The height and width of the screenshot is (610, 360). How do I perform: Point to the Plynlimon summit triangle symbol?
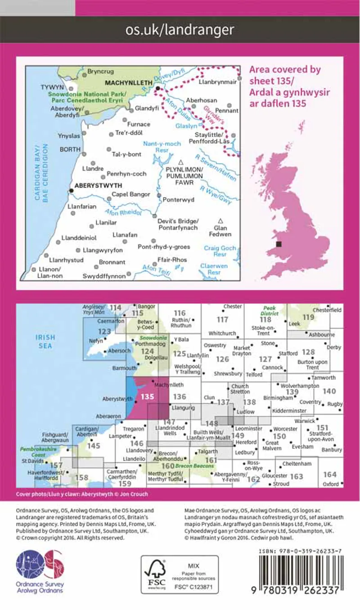pos(181,162)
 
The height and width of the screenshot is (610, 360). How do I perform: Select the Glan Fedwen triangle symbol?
pos(220,221)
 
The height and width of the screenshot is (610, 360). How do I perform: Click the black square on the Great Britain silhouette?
pos(279,244)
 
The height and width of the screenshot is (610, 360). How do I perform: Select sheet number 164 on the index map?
pos(330,474)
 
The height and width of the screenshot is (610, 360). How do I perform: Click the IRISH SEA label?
pos(45,341)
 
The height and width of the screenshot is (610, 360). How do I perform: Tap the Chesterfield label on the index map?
pos(328,310)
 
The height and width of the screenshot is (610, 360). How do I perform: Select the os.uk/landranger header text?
pos(180,30)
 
